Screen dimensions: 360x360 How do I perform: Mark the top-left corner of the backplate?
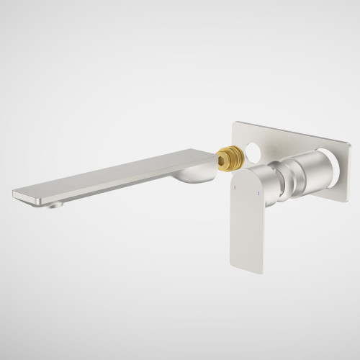point(233,122)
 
